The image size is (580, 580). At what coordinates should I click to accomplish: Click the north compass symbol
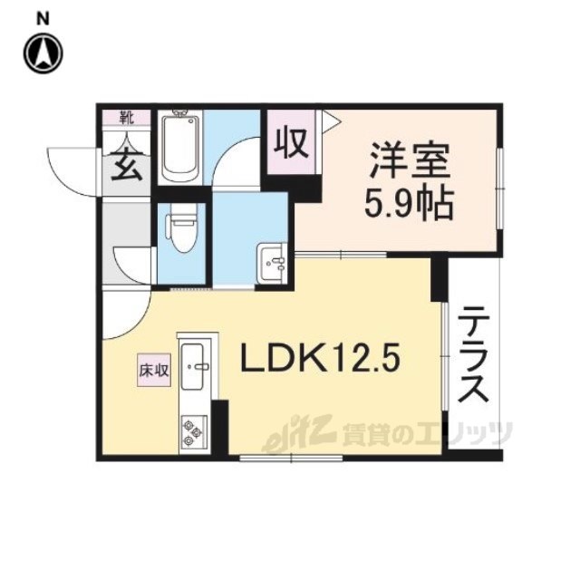(43, 53)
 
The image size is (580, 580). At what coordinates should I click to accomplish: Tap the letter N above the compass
(43, 19)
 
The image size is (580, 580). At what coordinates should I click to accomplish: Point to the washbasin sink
(272, 263)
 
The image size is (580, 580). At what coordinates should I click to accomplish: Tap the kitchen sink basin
(195, 366)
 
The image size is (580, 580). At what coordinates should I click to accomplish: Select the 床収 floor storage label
(154, 371)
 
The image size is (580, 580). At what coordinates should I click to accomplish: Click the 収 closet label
(291, 143)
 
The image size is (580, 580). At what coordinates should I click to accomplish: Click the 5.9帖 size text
(409, 204)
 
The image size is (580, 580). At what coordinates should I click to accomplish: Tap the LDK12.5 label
(320, 357)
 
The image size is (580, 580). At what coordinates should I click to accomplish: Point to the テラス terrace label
(473, 354)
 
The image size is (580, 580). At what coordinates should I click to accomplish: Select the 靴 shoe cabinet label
(127, 118)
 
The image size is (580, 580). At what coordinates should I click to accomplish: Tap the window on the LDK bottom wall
(292, 459)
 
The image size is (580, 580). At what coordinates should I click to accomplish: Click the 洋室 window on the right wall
(499, 188)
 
